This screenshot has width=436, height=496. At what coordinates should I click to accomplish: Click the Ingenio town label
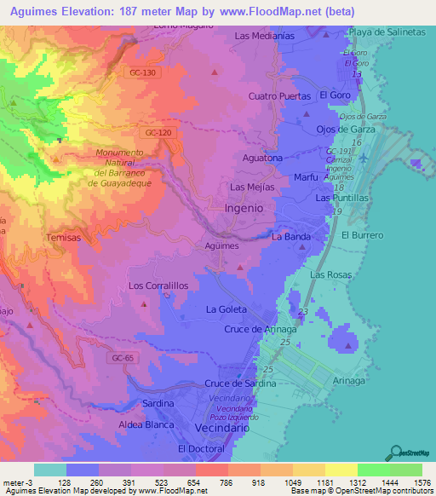click(249, 207)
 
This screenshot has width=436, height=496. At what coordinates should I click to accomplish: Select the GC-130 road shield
click(144, 72)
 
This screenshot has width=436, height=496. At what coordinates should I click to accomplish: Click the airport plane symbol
click(365, 158)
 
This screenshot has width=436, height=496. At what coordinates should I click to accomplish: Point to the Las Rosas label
click(330, 275)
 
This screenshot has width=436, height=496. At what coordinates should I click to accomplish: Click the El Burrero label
click(362, 234)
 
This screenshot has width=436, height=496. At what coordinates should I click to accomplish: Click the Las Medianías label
click(264, 36)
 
